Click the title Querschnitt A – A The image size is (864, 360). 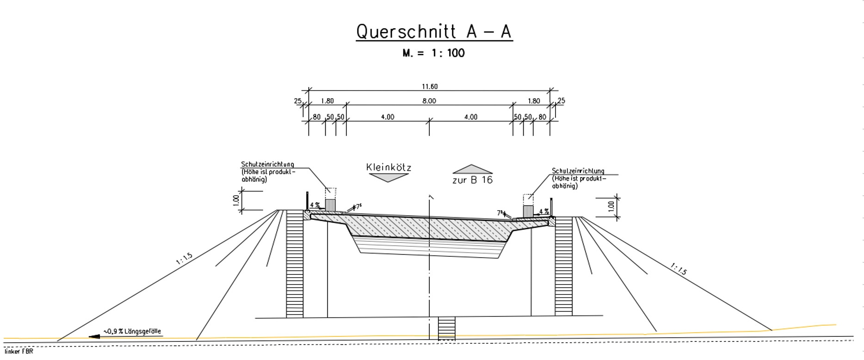click(434, 32)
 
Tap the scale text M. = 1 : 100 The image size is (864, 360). click(433, 53)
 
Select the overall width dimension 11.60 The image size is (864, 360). click(429, 87)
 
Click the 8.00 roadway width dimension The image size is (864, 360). click(429, 101)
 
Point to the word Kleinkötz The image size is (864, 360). click(389, 168)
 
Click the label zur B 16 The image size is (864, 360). click(472, 180)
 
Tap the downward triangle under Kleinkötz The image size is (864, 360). click(388, 178)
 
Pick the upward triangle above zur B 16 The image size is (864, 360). click(472, 169)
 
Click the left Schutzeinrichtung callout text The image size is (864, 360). click(268, 172)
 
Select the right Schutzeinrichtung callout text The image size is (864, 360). click(578, 178)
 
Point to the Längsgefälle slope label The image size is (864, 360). click(132, 331)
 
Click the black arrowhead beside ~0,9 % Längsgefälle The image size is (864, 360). click(94, 336)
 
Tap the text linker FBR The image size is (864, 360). click(19, 352)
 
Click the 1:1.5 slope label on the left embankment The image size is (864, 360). click(184, 259)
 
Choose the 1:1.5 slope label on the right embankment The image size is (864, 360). click(679, 269)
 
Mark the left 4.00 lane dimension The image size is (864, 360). click(388, 117)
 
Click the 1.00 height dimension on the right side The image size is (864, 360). click(611, 206)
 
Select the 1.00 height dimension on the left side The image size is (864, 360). click(236, 200)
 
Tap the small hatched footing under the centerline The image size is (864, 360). click(446, 329)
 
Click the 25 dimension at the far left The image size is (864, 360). click(297, 101)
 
